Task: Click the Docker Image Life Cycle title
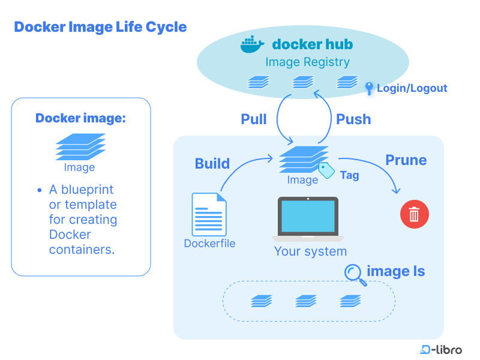click(100, 27)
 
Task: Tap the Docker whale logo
click(252, 45)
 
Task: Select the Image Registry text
click(307, 62)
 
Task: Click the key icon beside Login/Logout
click(369, 88)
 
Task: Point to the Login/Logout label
click(412, 88)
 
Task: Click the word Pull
click(254, 119)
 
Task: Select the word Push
click(353, 119)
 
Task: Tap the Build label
click(212, 163)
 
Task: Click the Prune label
click(406, 160)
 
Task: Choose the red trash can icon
click(414, 214)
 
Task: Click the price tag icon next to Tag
click(326, 170)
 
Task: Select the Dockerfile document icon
click(209, 214)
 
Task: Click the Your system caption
click(310, 251)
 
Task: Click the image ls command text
click(395, 271)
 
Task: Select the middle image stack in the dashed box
click(306, 301)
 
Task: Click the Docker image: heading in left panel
click(80, 118)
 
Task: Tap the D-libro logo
click(441, 349)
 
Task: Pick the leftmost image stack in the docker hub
click(259, 82)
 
